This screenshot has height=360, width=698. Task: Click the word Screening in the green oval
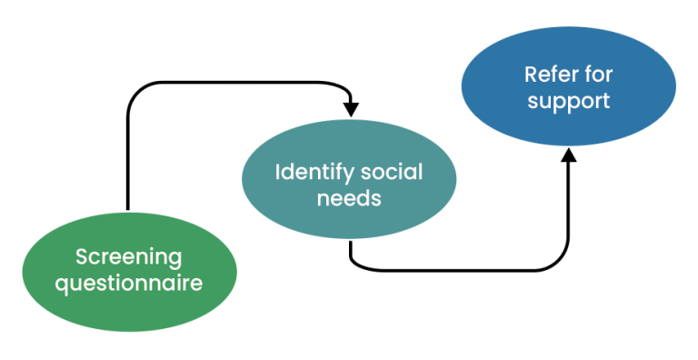click(x=128, y=257)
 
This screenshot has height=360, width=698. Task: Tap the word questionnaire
click(x=128, y=283)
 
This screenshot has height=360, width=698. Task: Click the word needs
click(x=348, y=197)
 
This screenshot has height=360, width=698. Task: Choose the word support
click(x=568, y=100)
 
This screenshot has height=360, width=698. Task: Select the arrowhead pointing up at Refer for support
click(x=569, y=155)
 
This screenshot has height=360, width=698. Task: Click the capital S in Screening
click(x=81, y=257)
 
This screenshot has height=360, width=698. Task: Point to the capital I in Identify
click(x=278, y=172)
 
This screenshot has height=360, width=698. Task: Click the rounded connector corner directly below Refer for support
click(x=562, y=263)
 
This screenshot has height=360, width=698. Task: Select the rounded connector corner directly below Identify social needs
click(x=357, y=263)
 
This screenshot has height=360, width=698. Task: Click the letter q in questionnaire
click(x=62, y=285)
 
